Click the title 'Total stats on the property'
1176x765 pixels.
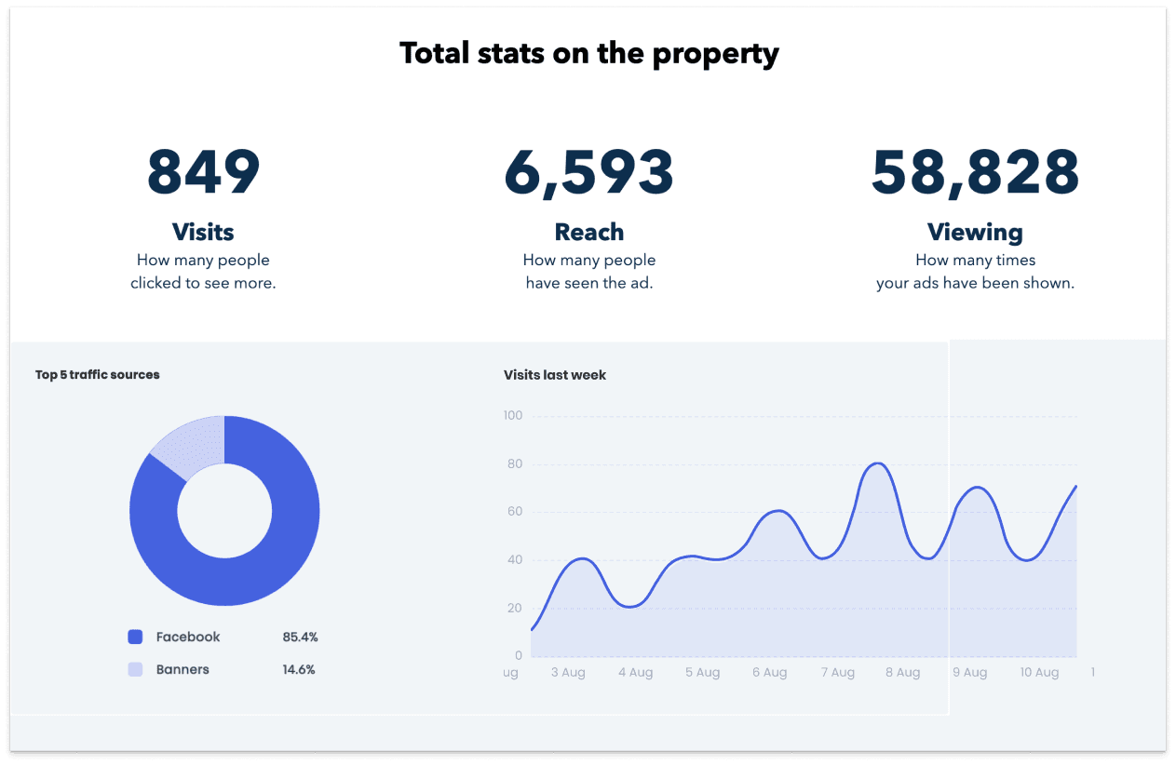pos(588,53)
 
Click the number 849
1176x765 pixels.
pos(204,172)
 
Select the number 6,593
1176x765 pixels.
pos(588,172)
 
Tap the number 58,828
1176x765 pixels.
pos(975,172)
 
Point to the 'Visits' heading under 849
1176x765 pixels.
pos(203,232)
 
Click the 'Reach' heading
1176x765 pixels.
pos(588,232)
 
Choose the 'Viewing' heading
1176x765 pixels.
pos(975,232)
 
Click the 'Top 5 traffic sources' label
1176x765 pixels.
pos(98,375)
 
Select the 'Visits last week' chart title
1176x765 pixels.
pos(555,375)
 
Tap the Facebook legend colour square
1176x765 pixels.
pos(135,637)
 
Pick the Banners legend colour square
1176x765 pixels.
pos(135,670)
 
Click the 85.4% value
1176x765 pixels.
pos(300,637)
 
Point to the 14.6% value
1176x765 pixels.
pos(299,670)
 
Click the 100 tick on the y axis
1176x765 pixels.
pos(512,415)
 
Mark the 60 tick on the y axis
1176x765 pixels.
pos(515,512)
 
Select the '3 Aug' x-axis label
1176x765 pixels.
pos(568,673)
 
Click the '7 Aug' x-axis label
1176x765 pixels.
pos(836,673)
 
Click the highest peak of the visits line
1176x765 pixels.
pos(877,463)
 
